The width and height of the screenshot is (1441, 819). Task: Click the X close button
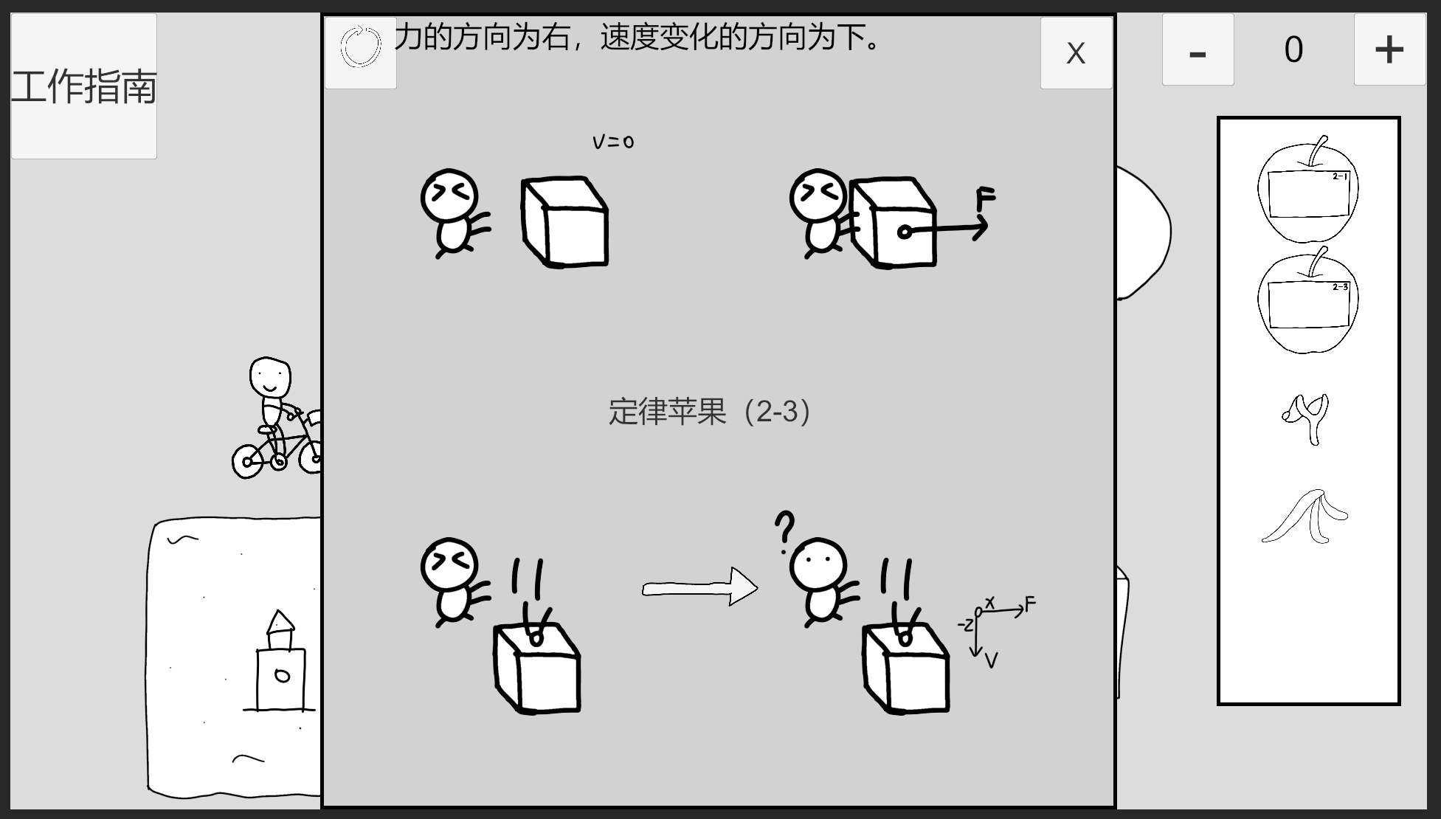1076,52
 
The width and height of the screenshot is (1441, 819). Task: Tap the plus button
1389,49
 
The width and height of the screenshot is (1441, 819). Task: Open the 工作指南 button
84,86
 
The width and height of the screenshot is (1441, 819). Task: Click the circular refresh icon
361,47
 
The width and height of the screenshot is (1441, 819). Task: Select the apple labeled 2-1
1308,190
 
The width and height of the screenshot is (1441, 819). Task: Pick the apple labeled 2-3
1308,300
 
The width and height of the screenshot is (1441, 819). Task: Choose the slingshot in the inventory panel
1307,418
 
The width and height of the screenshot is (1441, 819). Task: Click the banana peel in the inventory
1305,516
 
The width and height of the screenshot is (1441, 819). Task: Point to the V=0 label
613,141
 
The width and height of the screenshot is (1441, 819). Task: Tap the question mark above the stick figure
784,531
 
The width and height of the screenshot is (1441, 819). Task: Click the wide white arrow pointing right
699,587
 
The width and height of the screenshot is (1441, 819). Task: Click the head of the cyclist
270,378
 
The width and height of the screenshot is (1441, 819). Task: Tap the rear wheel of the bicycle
248,461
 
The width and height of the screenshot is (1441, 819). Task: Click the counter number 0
1293,50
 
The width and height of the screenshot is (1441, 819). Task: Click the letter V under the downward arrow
991,660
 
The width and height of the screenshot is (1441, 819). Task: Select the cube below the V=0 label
565,221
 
